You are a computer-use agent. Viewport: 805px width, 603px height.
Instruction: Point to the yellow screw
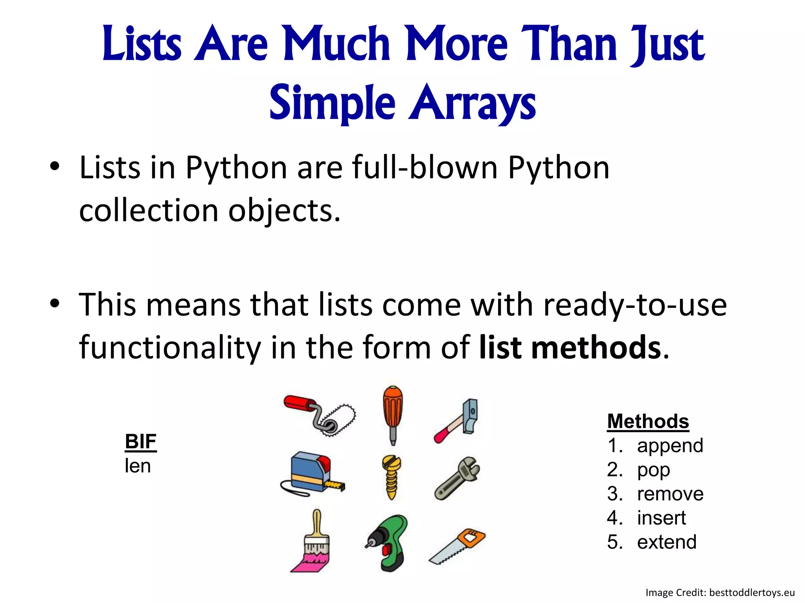pyautogui.click(x=391, y=477)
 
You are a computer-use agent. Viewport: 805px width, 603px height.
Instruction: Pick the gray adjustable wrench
pyautogui.click(x=458, y=478)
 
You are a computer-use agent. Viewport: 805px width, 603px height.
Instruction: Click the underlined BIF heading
pyautogui.click(x=141, y=442)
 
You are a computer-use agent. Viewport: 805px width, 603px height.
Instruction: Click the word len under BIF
pyautogui.click(x=138, y=466)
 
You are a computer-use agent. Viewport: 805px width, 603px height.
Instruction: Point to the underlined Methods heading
pyautogui.click(x=648, y=421)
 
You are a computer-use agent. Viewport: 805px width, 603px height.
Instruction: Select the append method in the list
pyautogui.click(x=670, y=446)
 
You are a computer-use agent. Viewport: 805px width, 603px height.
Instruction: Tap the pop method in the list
pyautogui.click(x=653, y=470)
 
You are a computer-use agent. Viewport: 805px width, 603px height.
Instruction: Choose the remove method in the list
pyautogui.click(x=670, y=494)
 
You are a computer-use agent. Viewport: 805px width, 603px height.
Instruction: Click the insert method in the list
pyautogui.click(x=661, y=518)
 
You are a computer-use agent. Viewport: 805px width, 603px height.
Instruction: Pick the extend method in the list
pyautogui.click(x=667, y=542)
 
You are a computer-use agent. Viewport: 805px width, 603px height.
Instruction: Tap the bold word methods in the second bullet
pyautogui.click(x=596, y=348)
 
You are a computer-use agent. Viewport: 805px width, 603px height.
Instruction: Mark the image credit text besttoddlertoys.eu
pyautogui.click(x=752, y=592)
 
